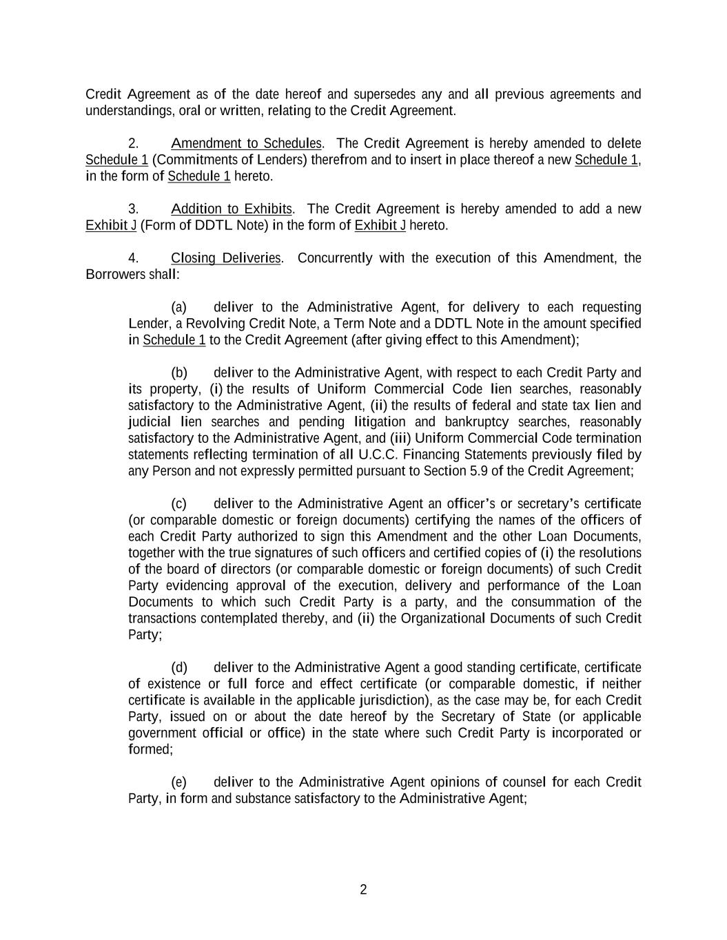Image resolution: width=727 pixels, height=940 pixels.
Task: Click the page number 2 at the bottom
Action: click(363, 890)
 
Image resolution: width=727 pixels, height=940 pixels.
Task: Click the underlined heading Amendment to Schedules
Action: click(246, 143)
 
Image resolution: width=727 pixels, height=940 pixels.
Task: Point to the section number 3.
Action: click(134, 209)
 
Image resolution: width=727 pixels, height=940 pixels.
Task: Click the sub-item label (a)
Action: click(178, 307)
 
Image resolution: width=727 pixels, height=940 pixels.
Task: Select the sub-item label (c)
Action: click(178, 504)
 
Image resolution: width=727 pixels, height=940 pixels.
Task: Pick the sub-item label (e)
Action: click(178, 782)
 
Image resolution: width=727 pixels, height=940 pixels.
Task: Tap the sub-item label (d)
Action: click(179, 668)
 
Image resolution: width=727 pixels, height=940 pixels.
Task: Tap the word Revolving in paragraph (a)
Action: click(216, 324)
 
